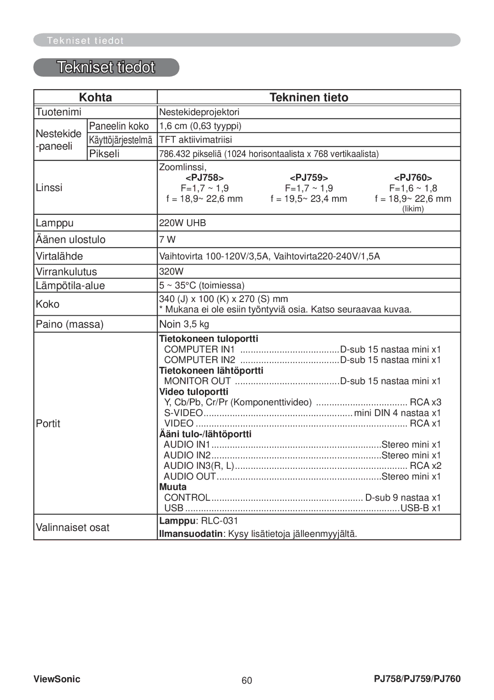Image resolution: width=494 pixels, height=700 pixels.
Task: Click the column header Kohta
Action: [95, 97]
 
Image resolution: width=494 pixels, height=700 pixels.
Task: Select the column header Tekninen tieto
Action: [309, 97]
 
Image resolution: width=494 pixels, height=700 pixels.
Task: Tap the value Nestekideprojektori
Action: [199, 112]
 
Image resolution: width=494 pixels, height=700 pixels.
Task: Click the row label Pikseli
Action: [104, 154]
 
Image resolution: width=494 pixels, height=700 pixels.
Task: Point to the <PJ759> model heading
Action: [309, 178]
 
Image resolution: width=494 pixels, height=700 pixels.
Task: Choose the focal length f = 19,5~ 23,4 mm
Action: [309, 199]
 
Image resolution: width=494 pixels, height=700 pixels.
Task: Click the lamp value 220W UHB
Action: [183, 223]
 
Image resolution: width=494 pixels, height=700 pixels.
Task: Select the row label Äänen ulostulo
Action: [70, 239]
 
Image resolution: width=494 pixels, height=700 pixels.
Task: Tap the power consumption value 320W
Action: [171, 271]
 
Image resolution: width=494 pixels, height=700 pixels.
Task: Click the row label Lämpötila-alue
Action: [70, 286]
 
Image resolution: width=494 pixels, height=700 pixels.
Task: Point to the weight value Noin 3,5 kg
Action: [184, 324]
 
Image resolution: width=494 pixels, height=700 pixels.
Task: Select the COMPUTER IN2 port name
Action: [199, 360]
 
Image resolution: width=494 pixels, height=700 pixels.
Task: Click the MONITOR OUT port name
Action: [197, 381]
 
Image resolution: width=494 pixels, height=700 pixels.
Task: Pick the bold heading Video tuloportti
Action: [193, 392]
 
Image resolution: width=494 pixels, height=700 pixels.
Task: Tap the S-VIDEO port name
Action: [183, 413]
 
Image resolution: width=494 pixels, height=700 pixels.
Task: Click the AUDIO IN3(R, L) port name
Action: [199, 466]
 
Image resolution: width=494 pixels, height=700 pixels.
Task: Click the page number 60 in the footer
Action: [247, 680]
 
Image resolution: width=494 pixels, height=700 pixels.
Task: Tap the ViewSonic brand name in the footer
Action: [57, 679]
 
